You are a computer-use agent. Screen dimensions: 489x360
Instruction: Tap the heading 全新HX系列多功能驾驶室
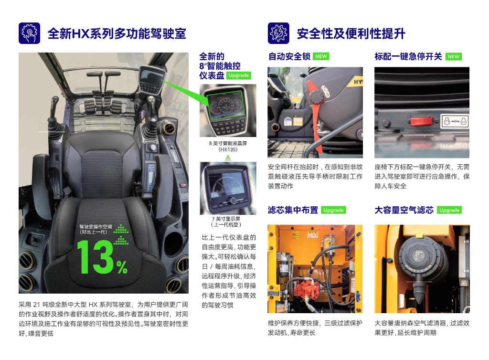[x=117, y=34]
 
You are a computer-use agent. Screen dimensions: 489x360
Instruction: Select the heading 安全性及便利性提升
[x=351, y=34]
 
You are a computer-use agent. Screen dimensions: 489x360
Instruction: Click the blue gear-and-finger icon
[x=29, y=33]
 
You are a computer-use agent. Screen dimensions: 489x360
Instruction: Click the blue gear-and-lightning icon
[x=278, y=33]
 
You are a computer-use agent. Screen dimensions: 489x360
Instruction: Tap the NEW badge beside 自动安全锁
[x=321, y=56]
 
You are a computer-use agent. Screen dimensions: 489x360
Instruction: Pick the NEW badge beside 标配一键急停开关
[x=454, y=57]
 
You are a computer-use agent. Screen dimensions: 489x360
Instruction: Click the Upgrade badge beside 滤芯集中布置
[x=333, y=210]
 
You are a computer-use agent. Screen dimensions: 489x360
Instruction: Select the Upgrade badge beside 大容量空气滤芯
[x=449, y=210]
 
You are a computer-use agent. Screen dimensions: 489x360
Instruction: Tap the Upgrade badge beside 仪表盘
[x=239, y=75]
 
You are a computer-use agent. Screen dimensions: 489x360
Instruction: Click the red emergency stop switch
[x=421, y=121]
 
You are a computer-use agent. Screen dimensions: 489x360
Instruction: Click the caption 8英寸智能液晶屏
[x=228, y=143]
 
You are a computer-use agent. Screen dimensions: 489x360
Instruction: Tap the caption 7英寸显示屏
[x=226, y=219]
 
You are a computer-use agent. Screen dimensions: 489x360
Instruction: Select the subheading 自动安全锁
[x=289, y=56]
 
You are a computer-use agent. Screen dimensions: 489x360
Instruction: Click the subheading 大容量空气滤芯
[x=404, y=210]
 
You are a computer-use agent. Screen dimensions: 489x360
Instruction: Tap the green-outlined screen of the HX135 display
[x=225, y=106]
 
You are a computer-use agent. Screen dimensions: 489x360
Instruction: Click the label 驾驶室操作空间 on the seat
[x=96, y=227]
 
